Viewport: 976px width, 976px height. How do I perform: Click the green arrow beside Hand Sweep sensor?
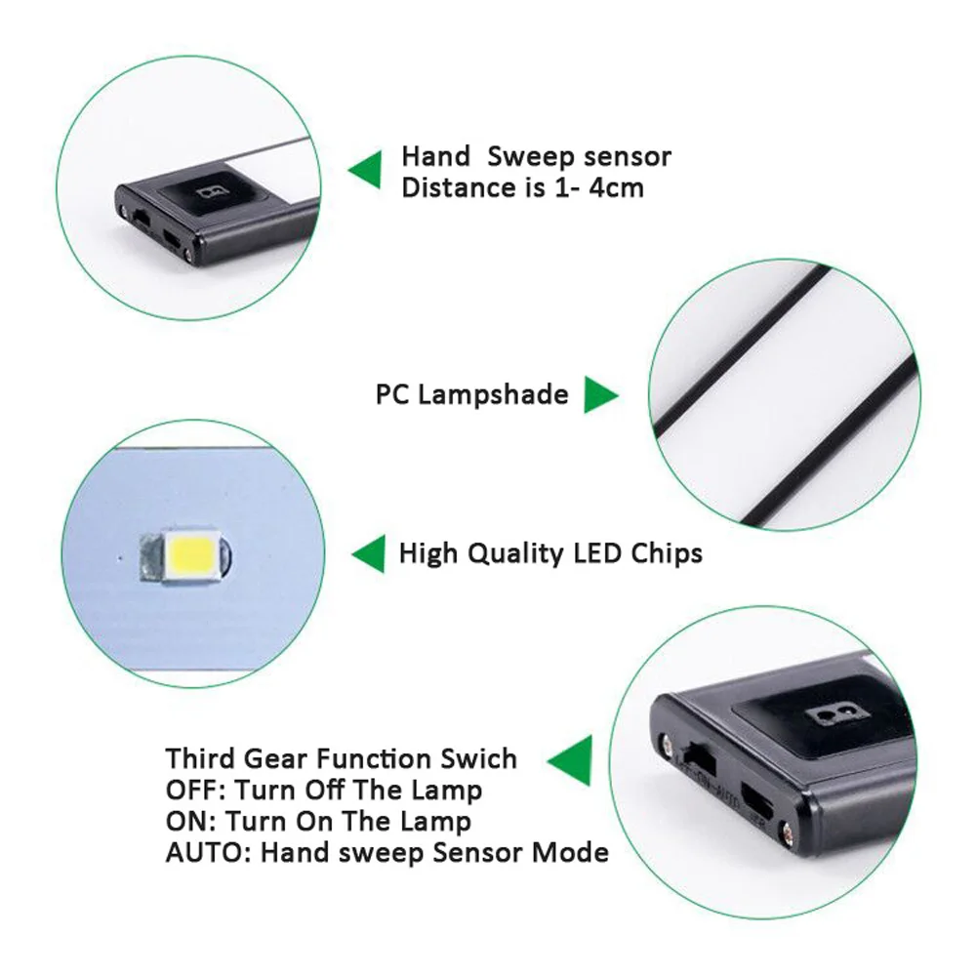coord(366,170)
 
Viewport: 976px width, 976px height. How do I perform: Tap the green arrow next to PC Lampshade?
coord(601,395)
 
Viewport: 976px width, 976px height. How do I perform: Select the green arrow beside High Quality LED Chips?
coord(368,554)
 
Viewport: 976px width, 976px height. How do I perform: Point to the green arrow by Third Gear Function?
coord(571,758)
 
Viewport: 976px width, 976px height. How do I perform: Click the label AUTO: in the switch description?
coord(197,852)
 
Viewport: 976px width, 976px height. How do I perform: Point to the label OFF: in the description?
coord(189,790)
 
